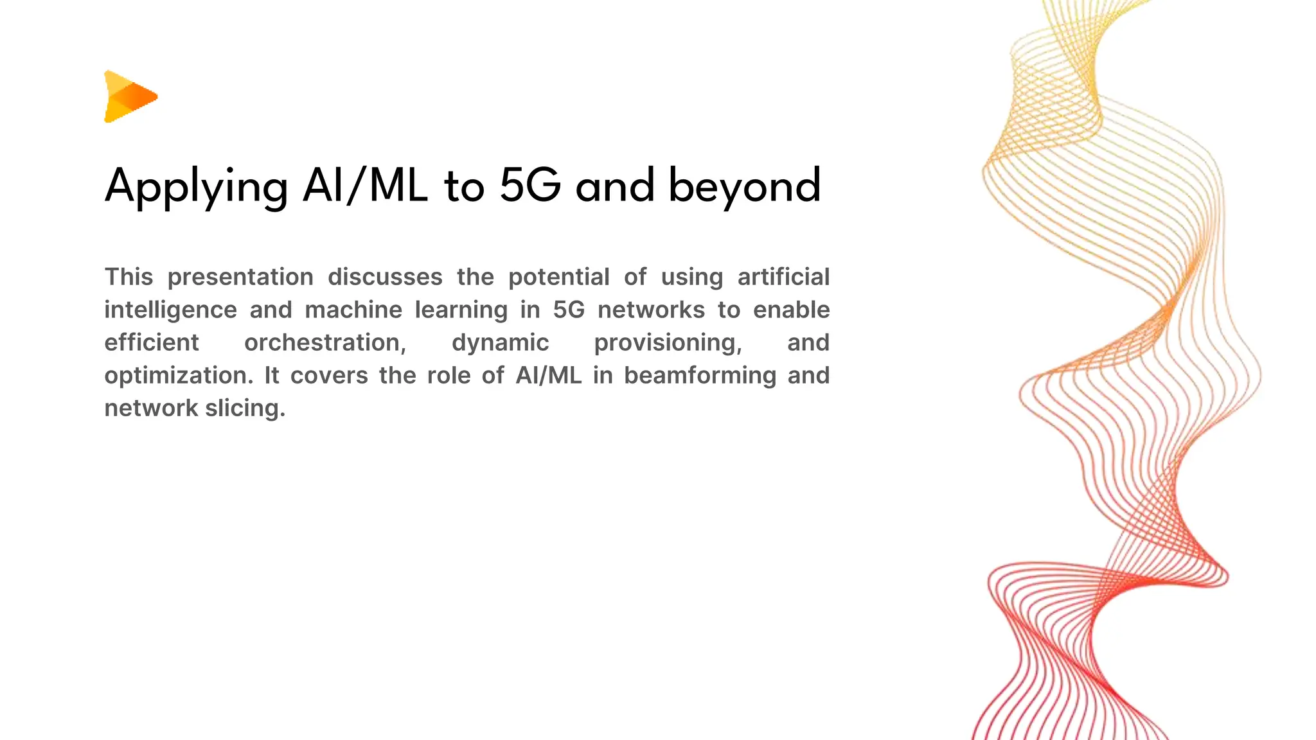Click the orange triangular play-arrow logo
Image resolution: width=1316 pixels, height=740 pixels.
(129, 96)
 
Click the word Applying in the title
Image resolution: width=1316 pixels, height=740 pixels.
(196, 186)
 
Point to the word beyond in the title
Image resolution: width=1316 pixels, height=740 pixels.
(744, 186)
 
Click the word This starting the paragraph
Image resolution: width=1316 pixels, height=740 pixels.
(129, 277)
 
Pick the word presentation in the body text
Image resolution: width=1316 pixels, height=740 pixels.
(240, 277)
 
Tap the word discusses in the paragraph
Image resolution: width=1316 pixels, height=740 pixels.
(385, 277)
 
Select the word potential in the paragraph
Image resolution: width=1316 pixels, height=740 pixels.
(558, 277)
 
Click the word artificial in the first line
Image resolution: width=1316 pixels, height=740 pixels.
(783, 277)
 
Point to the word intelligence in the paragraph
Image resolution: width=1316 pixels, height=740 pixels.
(170, 310)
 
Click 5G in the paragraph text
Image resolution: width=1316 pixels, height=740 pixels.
(569, 310)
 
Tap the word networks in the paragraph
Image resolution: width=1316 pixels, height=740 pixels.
(651, 310)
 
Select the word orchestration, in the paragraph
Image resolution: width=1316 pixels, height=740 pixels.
(325, 342)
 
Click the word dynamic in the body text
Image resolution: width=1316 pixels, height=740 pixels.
(500, 342)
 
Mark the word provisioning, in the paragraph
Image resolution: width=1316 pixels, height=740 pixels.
(668, 342)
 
